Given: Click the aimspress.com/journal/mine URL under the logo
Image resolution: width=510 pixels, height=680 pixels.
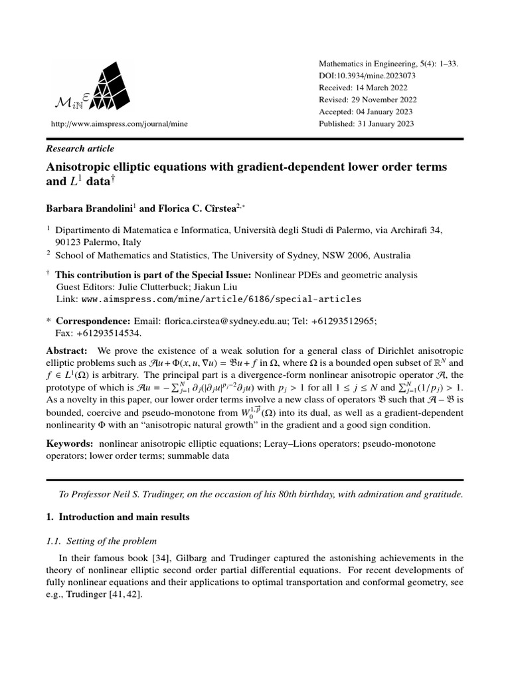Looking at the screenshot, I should pos(103,124).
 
